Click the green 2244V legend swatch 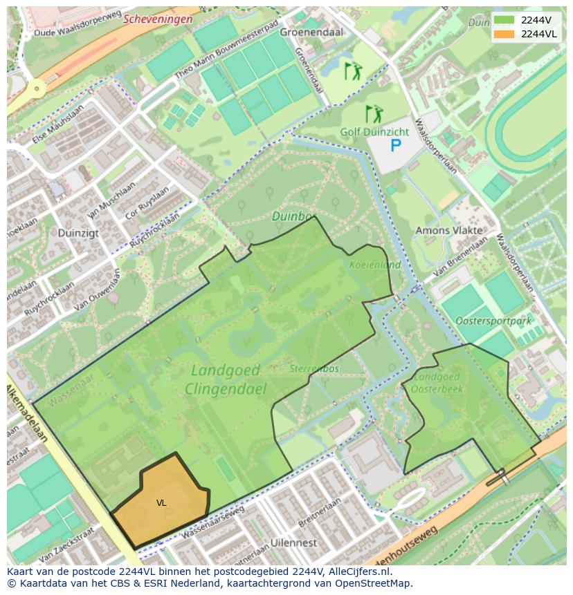(504, 19)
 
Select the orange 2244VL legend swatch (504, 34)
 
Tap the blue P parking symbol (395, 145)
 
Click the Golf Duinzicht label (374, 131)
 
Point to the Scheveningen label (158, 19)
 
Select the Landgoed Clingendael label (226, 379)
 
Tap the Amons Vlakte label (444, 230)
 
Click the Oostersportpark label (493, 321)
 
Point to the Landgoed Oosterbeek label (436, 384)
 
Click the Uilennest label (294, 543)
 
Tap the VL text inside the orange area (161, 503)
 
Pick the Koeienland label (375, 265)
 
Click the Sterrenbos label (314, 369)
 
